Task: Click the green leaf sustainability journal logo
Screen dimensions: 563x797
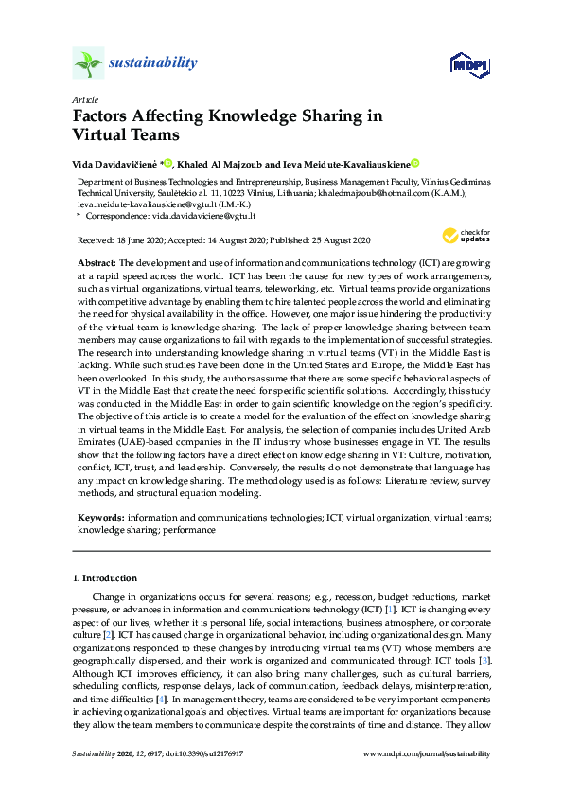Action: [88, 63]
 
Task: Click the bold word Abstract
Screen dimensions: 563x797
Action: [97, 260]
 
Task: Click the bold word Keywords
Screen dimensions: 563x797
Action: [100, 518]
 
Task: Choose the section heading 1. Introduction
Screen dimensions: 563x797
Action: [104, 577]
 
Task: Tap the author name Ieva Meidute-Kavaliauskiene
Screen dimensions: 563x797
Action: [347, 163]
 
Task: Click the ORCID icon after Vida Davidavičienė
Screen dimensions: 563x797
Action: [168, 162]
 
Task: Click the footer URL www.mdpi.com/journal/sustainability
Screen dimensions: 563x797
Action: [428, 753]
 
